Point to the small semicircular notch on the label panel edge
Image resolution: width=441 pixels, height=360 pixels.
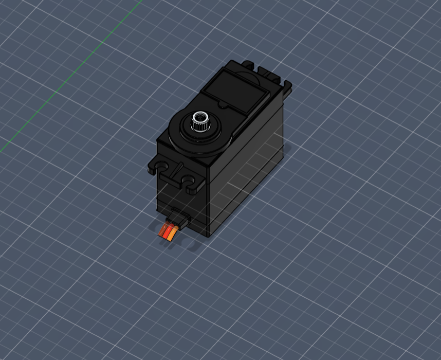222,104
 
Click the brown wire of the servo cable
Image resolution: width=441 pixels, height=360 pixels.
163,232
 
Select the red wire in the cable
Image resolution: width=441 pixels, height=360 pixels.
167,235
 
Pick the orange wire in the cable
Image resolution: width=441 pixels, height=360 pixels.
171,237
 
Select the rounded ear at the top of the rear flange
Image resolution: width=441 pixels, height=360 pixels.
249,64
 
